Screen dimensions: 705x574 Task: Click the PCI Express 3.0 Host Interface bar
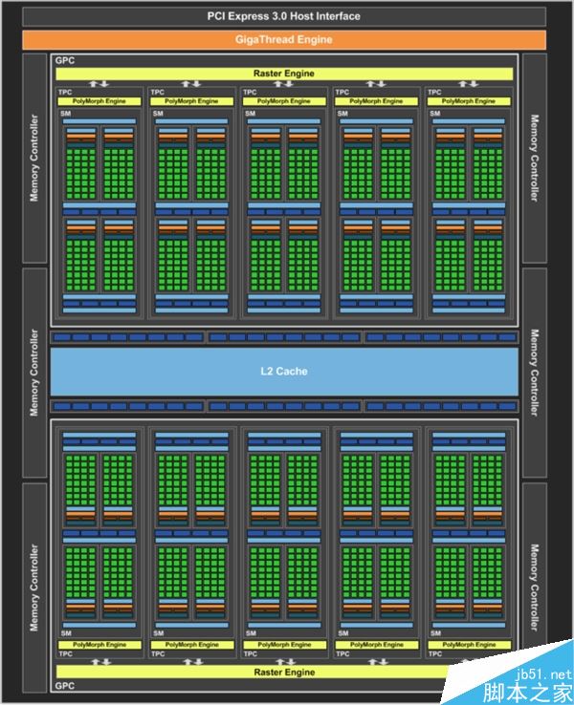284,16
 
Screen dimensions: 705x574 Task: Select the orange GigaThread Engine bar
284,39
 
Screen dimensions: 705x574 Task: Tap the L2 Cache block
284,371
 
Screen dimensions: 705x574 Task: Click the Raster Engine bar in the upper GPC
284,74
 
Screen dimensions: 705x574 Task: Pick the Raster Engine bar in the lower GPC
284,673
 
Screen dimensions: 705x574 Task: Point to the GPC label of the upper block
65,60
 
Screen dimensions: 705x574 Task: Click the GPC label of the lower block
65,686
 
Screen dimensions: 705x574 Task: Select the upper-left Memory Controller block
35,159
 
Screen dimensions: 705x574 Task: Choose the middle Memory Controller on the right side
534,373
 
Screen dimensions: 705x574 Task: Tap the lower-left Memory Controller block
35,587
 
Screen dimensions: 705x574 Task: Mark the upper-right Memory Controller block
534,159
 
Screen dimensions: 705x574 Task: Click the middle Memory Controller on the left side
35,373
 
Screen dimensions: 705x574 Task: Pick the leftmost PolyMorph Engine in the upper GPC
105,101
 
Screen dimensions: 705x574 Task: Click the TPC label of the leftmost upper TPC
65,93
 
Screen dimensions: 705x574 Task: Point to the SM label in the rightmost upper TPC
435,114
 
